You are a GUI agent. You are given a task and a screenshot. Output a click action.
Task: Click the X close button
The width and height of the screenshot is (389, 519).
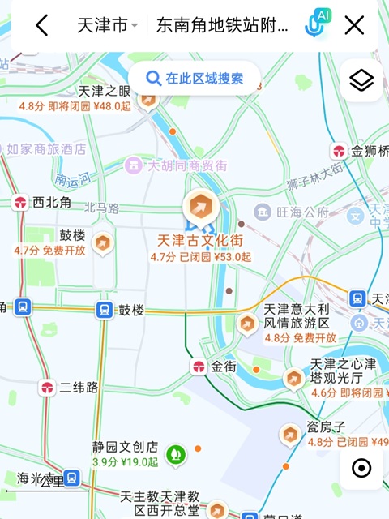(354, 26)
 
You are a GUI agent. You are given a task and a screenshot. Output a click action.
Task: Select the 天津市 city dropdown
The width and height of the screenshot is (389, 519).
(107, 26)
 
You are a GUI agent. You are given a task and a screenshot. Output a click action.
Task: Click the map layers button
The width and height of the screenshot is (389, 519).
(361, 80)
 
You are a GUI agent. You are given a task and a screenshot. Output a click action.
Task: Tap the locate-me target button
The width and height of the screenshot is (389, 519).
(361, 468)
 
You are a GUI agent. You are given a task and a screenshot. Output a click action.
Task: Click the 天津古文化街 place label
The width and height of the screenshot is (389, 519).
(200, 241)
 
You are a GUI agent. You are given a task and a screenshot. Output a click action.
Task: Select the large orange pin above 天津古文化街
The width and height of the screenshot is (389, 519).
(200, 208)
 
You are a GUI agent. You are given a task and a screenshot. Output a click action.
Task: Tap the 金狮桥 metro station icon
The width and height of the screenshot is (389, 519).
(339, 151)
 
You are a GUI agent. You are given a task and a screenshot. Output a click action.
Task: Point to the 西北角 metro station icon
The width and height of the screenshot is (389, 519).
(21, 203)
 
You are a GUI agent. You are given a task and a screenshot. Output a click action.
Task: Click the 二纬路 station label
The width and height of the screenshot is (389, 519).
(79, 388)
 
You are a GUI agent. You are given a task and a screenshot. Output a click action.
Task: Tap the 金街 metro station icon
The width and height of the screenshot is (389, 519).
(199, 367)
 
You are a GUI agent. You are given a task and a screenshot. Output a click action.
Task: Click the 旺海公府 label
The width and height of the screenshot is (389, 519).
(301, 212)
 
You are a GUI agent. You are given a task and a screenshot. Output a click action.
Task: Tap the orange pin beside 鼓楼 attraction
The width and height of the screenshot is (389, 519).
(103, 241)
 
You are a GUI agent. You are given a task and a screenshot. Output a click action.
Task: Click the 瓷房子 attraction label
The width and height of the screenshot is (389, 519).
(327, 427)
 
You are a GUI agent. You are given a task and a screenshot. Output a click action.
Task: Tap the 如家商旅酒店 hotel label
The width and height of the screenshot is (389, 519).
(46, 149)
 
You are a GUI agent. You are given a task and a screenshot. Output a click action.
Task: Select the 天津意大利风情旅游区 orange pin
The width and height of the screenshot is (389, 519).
(247, 324)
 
